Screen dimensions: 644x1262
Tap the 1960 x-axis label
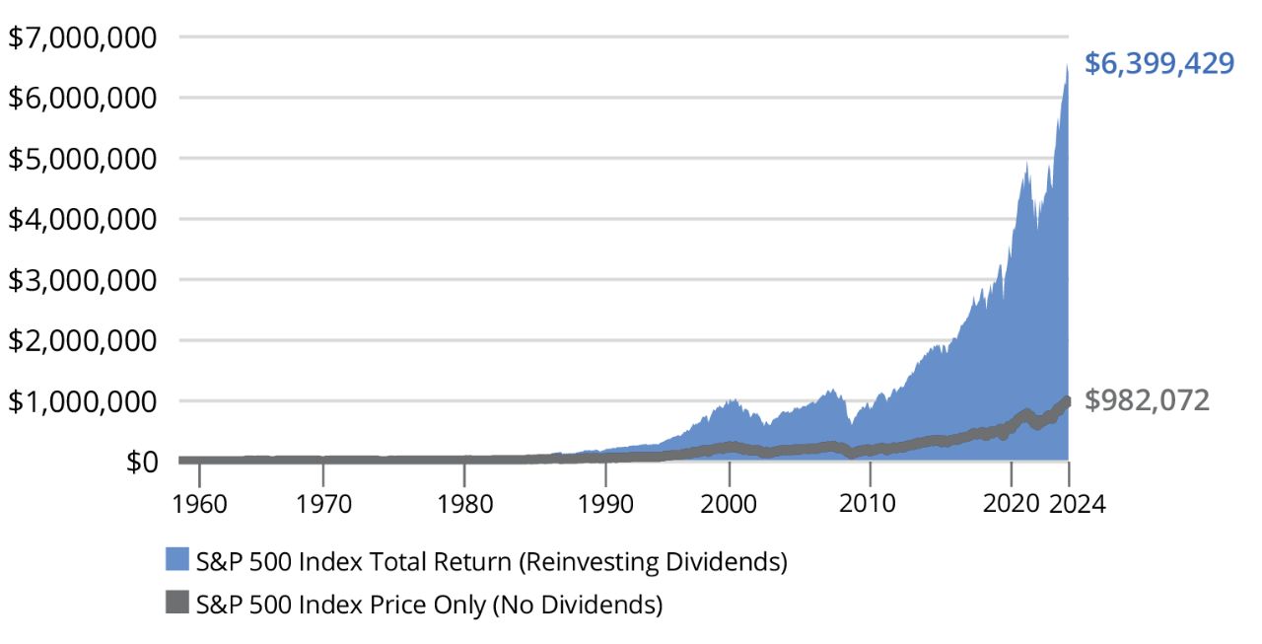click(199, 503)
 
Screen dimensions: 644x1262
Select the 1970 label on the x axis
click(323, 503)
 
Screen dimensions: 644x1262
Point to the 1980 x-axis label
click(464, 503)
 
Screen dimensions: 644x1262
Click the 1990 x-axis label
click(605, 503)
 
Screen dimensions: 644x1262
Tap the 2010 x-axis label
click(869, 503)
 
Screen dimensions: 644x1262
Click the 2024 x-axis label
click(1078, 503)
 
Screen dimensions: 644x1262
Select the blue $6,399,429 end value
click(1159, 63)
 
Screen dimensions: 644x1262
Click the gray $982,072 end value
click(1147, 399)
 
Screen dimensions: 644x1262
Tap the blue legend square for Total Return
click(177, 561)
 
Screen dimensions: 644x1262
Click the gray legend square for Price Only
click(177, 603)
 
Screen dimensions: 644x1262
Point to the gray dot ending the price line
click(1067, 401)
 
